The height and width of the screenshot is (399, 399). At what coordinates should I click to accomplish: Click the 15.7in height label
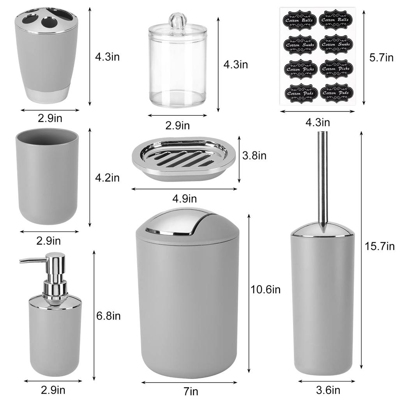tap(380, 246)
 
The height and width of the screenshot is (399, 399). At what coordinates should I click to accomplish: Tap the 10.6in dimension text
tap(265, 290)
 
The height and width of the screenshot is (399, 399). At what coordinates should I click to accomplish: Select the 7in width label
tap(191, 390)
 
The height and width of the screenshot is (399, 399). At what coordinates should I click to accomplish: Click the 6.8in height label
tap(108, 316)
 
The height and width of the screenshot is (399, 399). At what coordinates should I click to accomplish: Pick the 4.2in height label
tap(107, 178)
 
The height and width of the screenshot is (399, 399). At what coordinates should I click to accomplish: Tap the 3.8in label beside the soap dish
tap(254, 156)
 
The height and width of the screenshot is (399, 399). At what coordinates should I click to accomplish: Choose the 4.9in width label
tap(184, 199)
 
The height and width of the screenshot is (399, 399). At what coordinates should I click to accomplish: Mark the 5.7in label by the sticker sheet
tap(381, 58)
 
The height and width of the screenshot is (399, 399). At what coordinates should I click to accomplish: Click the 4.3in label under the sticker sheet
tap(318, 122)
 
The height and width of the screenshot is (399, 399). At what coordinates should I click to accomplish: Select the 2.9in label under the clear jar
tap(178, 125)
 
